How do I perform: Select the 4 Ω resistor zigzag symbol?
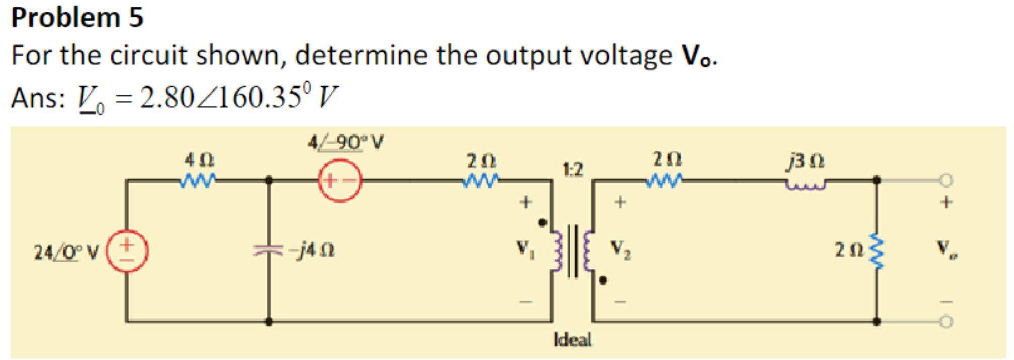point(198,179)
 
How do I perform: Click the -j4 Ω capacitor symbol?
point(269,249)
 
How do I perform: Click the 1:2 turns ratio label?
point(573,170)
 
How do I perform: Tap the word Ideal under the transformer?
point(572,340)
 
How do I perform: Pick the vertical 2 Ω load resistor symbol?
point(877,250)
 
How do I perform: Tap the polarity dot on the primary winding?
point(542,222)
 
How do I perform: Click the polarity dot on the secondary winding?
point(603,280)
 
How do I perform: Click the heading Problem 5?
point(77,17)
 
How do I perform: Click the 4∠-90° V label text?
point(345,143)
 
